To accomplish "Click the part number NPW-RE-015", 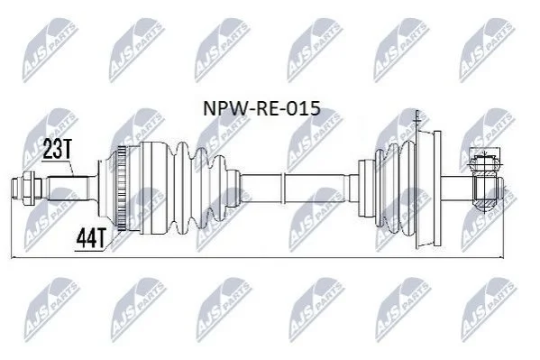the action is pyautogui.click(x=261, y=108).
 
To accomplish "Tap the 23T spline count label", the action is pyautogui.click(x=57, y=149).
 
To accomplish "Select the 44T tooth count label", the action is pyautogui.click(x=90, y=238).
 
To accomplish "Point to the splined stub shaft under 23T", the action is pyautogui.click(x=68, y=189).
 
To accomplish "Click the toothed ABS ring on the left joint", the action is pyautogui.click(x=121, y=189).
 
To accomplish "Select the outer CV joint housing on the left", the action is pyautogui.click(x=154, y=189).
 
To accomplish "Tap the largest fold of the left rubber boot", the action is pyautogui.click(x=182, y=189).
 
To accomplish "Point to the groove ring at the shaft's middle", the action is pyautogui.click(x=283, y=189).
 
